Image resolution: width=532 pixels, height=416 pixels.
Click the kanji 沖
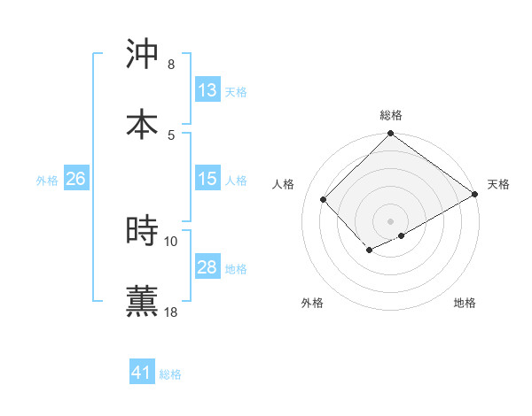(x=143, y=55)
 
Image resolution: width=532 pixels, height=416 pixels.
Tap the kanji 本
(x=143, y=124)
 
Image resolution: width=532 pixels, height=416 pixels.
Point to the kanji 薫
(x=143, y=300)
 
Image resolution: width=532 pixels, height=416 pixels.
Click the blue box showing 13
(x=207, y=90)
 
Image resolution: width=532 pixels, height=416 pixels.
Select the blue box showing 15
(x=207, y=179)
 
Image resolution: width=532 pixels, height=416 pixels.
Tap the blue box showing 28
(x=207, y=267)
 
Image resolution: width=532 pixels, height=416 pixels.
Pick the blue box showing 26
(x=75, y=179)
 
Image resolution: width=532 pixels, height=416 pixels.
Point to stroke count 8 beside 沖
(x=171, y=65)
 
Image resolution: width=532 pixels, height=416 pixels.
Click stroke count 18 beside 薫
(x=171, y=312)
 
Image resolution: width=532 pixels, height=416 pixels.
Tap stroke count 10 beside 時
(x=171, y=241)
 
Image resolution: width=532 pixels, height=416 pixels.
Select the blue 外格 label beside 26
(x=47, y=180)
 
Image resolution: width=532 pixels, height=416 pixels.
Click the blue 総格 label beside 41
(x=170, y=374)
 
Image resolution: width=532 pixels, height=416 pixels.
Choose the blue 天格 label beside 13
(x=236, y=91)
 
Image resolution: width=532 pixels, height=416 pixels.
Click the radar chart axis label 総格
(x=391, y=115)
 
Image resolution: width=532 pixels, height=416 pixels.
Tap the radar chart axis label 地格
(x=465, y=303)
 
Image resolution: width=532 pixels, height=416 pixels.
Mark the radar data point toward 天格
(x=475, y=195)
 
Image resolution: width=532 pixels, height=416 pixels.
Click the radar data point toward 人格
(x=324, y=199)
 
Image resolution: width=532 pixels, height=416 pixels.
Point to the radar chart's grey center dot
(x=391, y=220)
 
